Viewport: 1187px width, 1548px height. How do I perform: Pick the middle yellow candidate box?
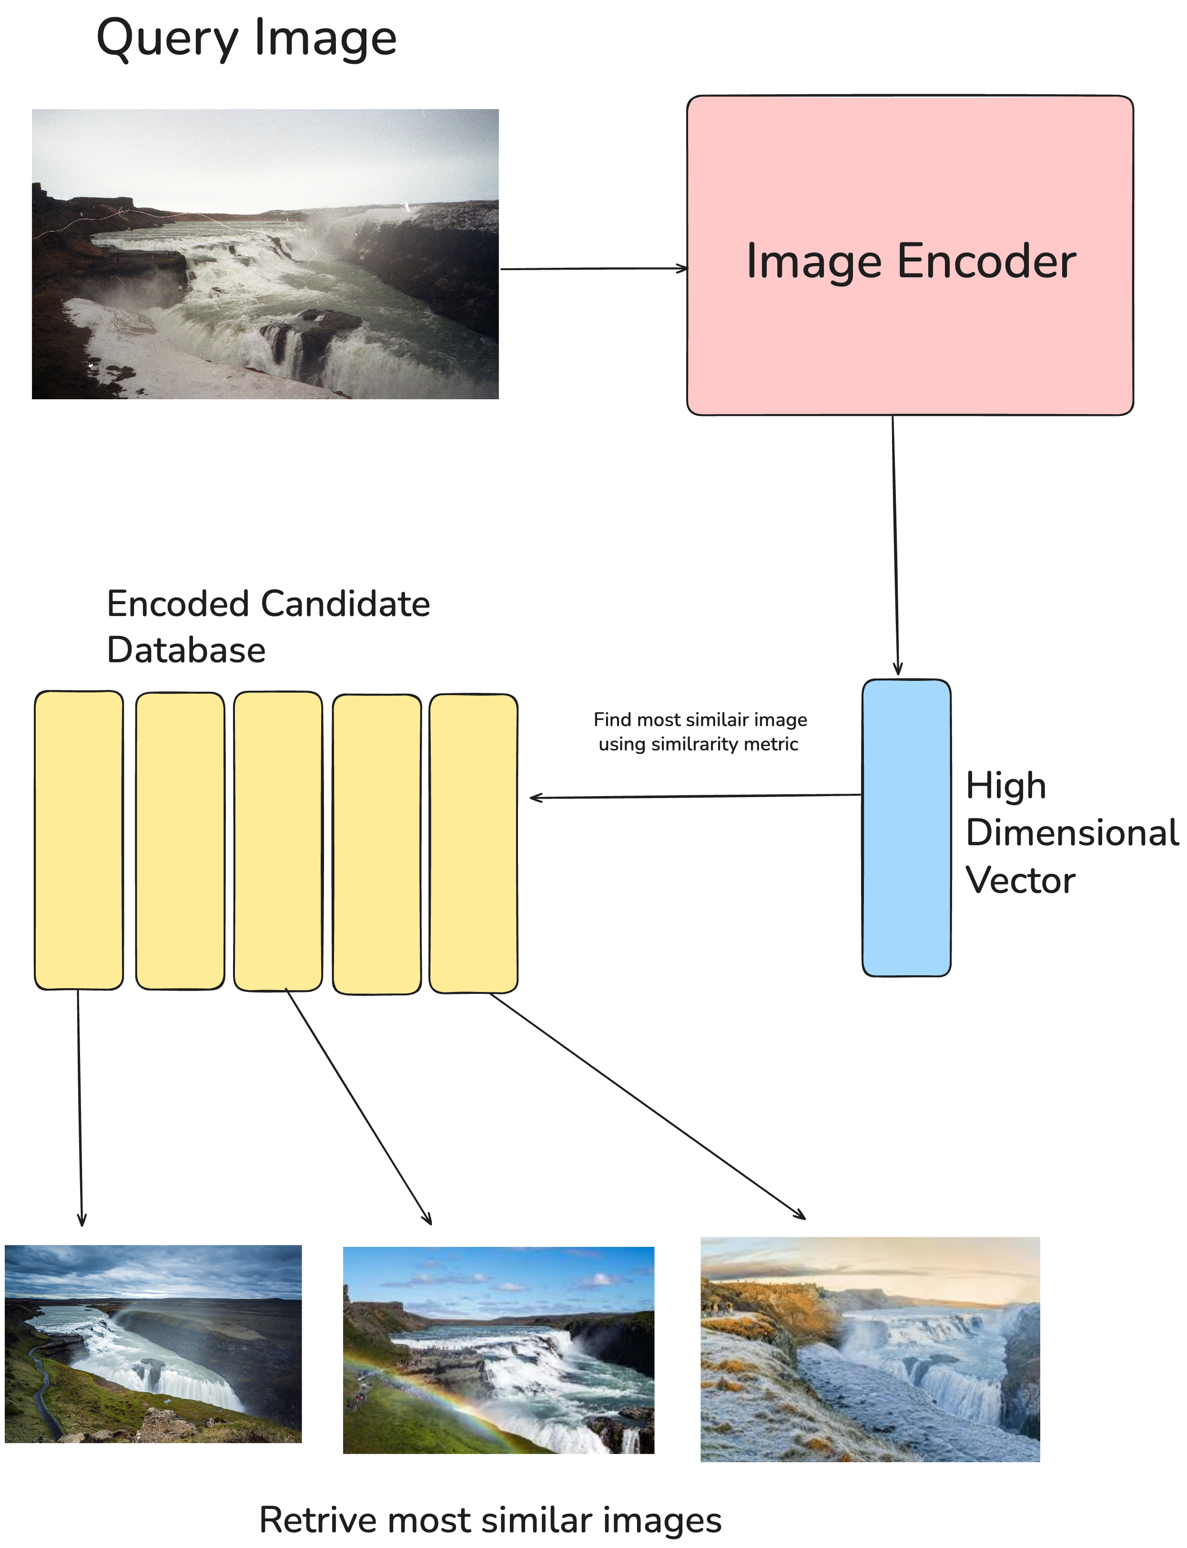click(x=278, y=841)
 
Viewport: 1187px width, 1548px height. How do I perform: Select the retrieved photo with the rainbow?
click(x=498, y=1349)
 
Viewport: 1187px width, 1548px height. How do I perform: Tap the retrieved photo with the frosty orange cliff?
click(x=870, y=1349)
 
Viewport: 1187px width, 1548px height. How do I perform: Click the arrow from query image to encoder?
click(x=594, y=268)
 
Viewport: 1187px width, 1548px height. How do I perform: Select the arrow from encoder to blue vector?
click(x=895, y=544)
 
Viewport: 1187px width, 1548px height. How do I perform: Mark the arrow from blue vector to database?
click(x=696, y=796)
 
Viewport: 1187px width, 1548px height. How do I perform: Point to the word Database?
click(x=186, y=649)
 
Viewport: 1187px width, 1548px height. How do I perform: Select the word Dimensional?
click(x=1071, y=832)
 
